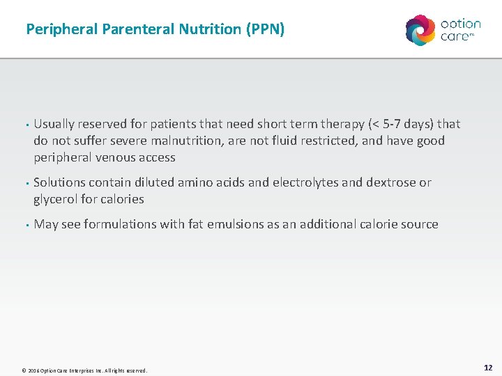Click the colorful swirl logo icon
click(x=420, y=30)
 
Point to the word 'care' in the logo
click(x=455, y=37)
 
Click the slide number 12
click(x=488, y=367)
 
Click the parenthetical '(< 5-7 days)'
click(x=395, y=124)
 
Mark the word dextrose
click(x=390, y=182)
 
